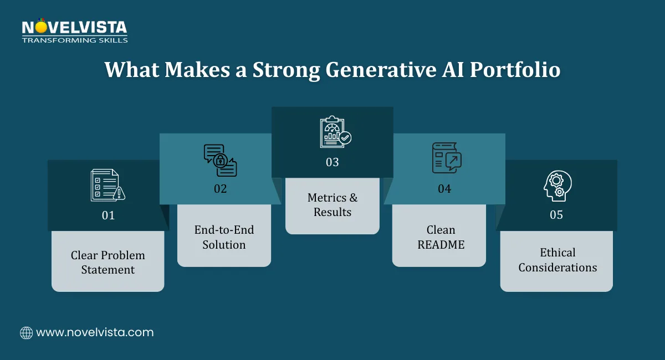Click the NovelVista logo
pos(74,30)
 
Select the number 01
pos(108,215)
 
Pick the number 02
pos(221,189)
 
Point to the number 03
pos(332,162)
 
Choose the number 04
pos(444,189)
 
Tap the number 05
pos(556,215)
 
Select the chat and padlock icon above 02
pos(220,160)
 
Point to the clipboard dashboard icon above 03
pos(335,132)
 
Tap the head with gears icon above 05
pos(556,186)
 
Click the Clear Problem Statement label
pos(108,263)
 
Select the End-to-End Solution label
pos(224,237)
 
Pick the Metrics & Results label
pos(332,205)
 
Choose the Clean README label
pos(441,237)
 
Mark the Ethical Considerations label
pos(557,260)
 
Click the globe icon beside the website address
pos(26,333)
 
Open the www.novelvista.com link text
pos(95,333)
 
